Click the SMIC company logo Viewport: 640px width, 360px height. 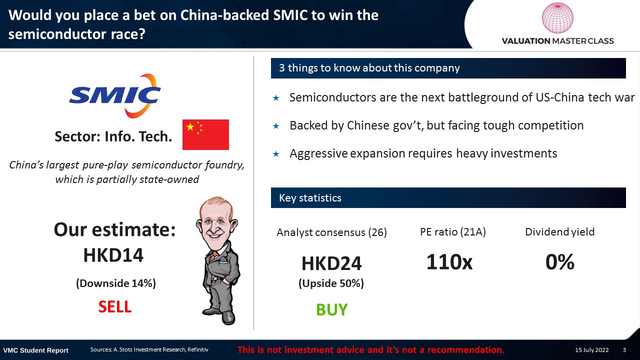pyautogui.click(x=115, y=95)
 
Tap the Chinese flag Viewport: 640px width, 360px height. pyautogui.click(x=205, y=134)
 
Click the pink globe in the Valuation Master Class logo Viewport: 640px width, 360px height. pyautogui.click(x=557, y=17)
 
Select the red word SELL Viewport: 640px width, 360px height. pyautogui.click(x=115, y=306)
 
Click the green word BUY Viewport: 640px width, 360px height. pyautogui.click(x=331, y=309)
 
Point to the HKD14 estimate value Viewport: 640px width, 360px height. pyautogui.click(x=113, y=255)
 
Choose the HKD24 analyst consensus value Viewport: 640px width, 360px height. pyautogui.click(x=331, y=263)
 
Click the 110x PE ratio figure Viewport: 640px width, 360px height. pyautogui.click(x=449, y=261)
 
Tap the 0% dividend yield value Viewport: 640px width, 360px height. pyautogui.click(x=559, y=261)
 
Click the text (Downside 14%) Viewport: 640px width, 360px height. pyautogui.click(x=115, y=283)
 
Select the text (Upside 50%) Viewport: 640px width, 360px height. pyautogui.click(x=331, y=283)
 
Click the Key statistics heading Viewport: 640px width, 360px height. pyautogui.click(x=310, y=197)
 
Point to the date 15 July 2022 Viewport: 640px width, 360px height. pyautogui.click(x=591, y=349)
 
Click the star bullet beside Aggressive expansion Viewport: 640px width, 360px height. pyautogui.click(x=276, y=154)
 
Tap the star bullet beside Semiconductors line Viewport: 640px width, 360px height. pyautogui.click(x=276, y=98)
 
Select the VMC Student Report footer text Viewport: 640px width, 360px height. pyautogui.click(x=35, y=350)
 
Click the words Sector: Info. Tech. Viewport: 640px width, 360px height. pyautogui.click(x=113, y=136)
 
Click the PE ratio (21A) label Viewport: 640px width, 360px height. pyautogui.click(x=453, y=231)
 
